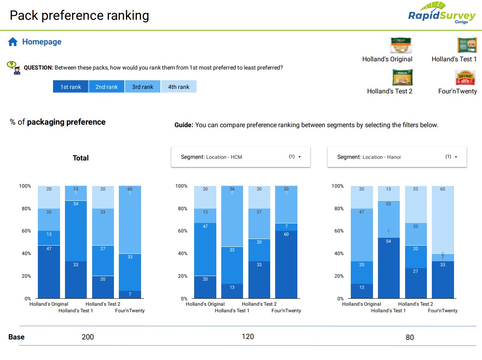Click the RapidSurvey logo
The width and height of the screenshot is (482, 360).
coord(441,14)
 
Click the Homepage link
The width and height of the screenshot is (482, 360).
coord(42,42)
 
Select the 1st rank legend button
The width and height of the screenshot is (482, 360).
coord(71,87)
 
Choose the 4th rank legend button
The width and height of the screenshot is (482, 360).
coord(178,87)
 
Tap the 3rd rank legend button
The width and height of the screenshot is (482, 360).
coord(142,87)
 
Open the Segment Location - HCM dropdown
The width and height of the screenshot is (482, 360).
coord(241,157)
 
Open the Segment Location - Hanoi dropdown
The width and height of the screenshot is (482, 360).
coord(397,157)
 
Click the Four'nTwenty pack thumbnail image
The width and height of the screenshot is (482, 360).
coord(465,78)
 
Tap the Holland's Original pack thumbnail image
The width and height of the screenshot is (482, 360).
coord(401,46)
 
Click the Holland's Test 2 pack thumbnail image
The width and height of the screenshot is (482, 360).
coord(402,78)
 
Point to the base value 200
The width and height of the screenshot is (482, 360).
coord(88,337)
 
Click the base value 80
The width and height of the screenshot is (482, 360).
coord(410,337)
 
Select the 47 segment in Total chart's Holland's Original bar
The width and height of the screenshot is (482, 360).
coord(49,272)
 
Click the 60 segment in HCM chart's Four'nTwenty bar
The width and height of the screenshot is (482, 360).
coord(286,264)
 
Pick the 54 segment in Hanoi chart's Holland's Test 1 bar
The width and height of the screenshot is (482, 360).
coord(389,268)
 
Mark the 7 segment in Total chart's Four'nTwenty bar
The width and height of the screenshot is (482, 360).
coord(130,295)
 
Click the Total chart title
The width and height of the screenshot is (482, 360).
coord(81,158)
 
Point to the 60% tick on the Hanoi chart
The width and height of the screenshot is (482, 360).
coord(338,231)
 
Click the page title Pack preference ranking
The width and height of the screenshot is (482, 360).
coord(79,16)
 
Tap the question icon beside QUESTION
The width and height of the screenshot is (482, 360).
coord(14,67)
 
